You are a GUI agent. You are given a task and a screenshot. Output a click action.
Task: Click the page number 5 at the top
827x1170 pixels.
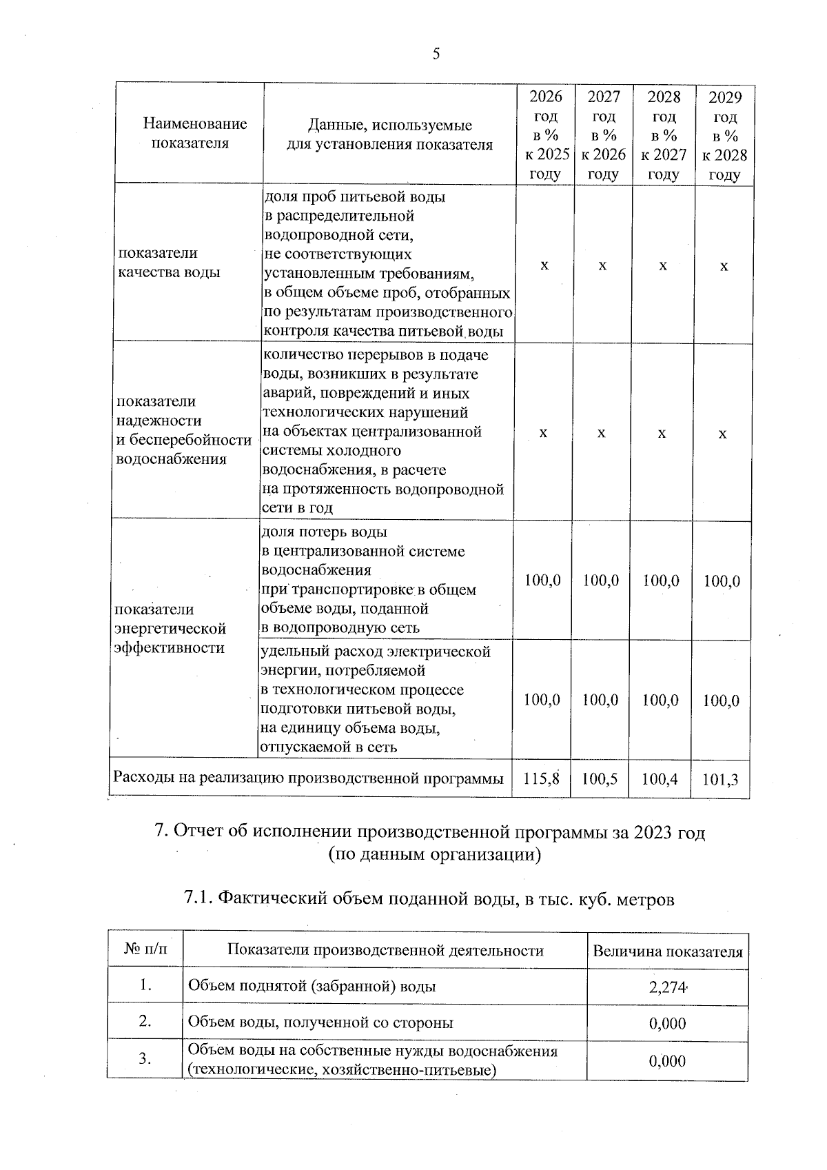click(436, 54)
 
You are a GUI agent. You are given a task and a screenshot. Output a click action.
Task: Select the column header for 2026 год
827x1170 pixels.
click(544, 135)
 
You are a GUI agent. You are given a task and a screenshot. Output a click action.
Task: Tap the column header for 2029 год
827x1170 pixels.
click(724, 135)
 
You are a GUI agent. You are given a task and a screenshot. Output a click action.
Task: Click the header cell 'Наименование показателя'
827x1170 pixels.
click(195, 134)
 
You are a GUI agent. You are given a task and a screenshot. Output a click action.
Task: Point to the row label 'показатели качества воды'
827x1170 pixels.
click(169, 263)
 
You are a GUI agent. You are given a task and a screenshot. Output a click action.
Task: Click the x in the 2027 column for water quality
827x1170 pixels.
click(602, 265)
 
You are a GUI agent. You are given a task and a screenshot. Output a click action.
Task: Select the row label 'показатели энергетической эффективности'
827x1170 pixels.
click(170, 628)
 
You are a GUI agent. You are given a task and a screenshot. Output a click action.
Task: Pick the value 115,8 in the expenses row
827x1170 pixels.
click(541, 779)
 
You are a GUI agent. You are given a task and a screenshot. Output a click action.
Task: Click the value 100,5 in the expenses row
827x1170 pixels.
click(600, 779)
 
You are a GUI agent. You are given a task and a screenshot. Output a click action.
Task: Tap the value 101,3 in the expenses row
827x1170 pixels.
click(721, 780)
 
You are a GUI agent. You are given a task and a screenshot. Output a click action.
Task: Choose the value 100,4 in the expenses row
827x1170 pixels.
click(660, 779)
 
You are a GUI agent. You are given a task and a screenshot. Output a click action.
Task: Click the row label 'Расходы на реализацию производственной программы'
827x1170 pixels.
click(308, 778)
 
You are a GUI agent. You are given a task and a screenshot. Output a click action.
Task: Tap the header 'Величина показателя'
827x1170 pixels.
click(667, 952)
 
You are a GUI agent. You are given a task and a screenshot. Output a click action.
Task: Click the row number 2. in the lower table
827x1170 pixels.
click(145, 1021)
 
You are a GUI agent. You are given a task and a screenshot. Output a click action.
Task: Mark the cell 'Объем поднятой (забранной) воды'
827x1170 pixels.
click(312, 986)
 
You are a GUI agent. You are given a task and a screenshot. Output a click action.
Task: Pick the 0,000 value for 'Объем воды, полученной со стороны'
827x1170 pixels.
click(667, 1023)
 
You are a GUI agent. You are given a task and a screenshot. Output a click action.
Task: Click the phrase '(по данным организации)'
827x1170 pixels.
click(434, 855)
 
